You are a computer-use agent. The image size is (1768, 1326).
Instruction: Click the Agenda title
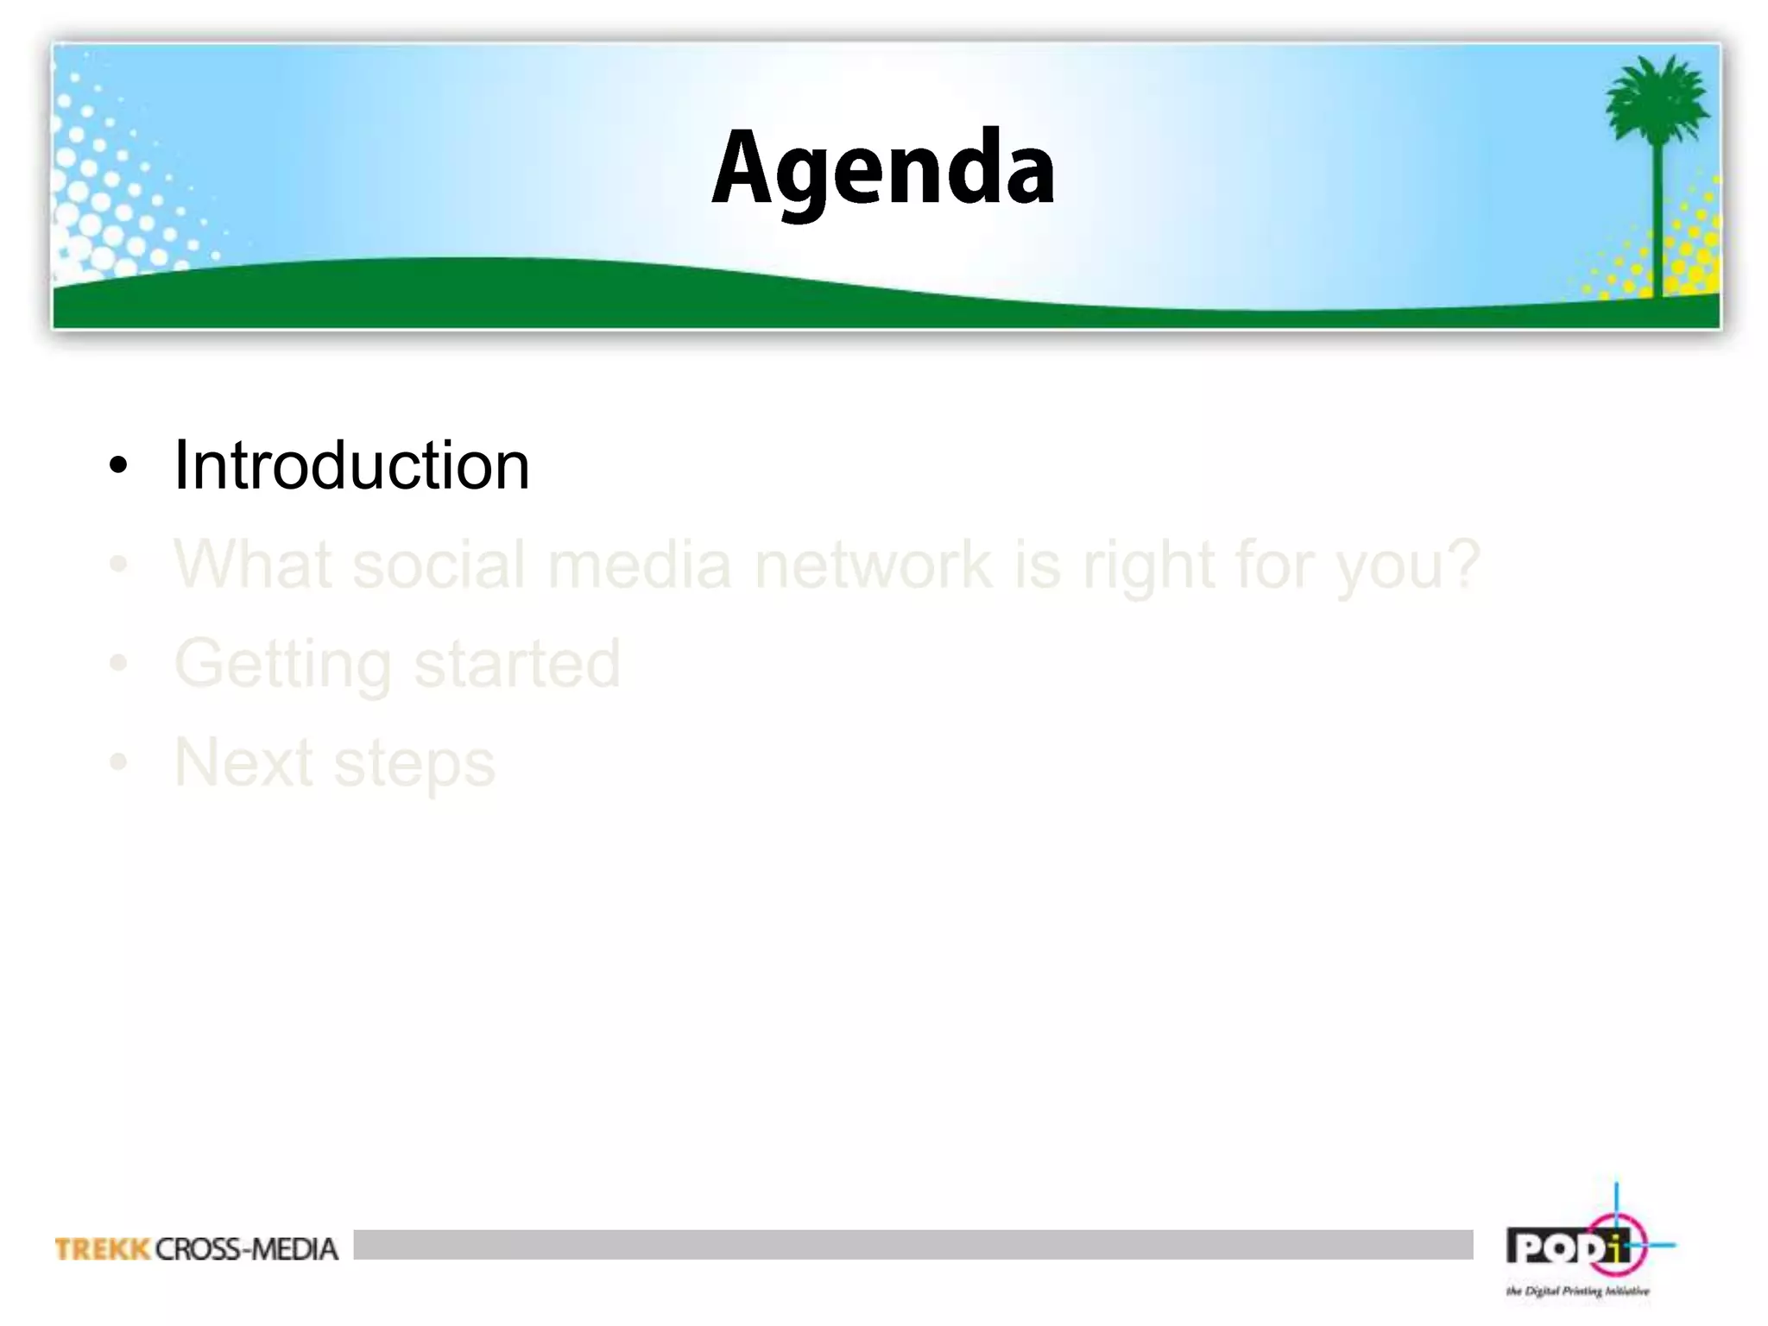tap(882, 168)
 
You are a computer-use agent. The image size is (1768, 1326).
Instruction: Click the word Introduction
tap(351, 465)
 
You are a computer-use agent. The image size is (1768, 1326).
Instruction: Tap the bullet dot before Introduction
tap(118, 466)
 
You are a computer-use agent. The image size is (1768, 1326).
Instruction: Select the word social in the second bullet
tap(439, 565)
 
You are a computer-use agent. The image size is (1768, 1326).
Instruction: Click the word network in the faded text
tap(872, 565)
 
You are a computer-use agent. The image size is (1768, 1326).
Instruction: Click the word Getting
tap(283, 665)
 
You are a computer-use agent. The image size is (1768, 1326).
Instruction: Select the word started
tap(516, 664)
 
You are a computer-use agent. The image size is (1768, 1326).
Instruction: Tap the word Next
tap(243, 762)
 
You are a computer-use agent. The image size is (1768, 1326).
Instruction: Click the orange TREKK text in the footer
tap(102, 1249)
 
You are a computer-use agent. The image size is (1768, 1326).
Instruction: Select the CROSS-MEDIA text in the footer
tap(247, 1249)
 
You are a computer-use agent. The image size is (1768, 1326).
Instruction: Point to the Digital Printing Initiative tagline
tap(1577, 1291)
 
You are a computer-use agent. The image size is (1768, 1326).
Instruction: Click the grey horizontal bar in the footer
tap(912, 1244)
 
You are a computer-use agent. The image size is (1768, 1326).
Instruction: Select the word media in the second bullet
tap(639, 565)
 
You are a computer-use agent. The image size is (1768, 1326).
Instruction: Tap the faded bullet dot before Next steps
tap(118, 763)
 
